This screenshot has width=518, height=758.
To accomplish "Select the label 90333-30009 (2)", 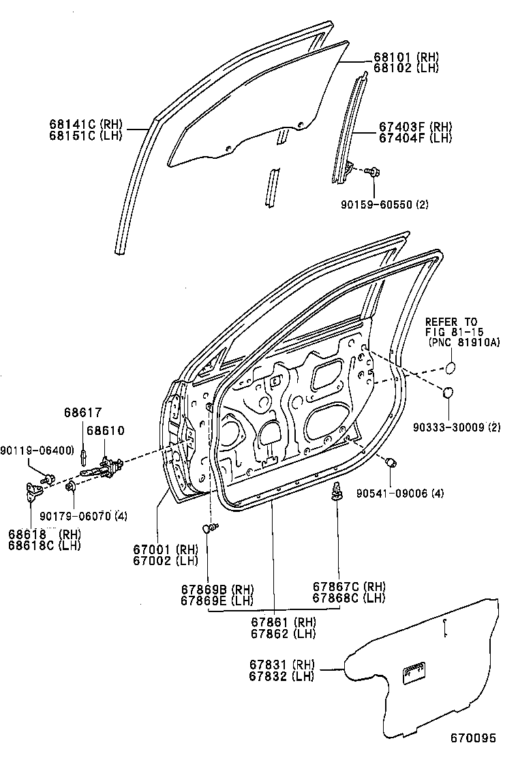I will coord(457,427).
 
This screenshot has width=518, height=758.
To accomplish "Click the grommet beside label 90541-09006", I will coord(391,463).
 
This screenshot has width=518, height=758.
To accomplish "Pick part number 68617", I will coord(83,412).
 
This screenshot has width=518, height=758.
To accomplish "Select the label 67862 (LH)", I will coord(273,634).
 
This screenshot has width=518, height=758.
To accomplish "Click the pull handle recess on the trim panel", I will coord(414,673).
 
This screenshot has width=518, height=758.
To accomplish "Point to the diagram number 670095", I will coord(472,738).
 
